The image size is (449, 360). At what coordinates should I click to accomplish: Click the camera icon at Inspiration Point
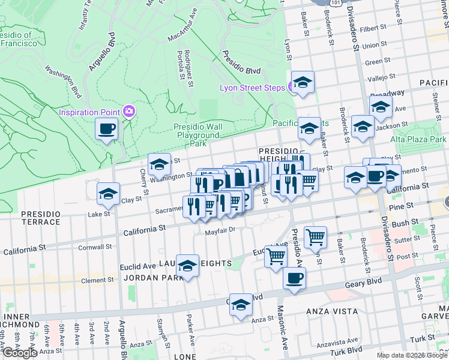[x=128, y=111]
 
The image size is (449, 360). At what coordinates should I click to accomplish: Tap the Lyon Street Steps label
[x=251, y=88]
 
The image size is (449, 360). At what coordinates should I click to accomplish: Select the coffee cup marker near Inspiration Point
[x=107, y=128]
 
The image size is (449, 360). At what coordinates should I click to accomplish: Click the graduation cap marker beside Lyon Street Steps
[x=303, y=83]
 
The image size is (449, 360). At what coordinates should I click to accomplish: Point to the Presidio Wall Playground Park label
[x=197, y=135]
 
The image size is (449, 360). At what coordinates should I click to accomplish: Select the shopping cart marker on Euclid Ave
[x=276, y=256]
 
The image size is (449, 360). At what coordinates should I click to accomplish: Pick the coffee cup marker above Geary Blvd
[x=294, y=278]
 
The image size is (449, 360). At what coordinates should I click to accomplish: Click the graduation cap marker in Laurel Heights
[x=188, y=266]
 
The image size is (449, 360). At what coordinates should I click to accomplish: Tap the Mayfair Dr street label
[x=218, y=230]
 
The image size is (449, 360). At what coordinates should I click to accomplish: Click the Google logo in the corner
[x=20, y=353]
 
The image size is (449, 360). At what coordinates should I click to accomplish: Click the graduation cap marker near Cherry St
[x=159, y=164]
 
